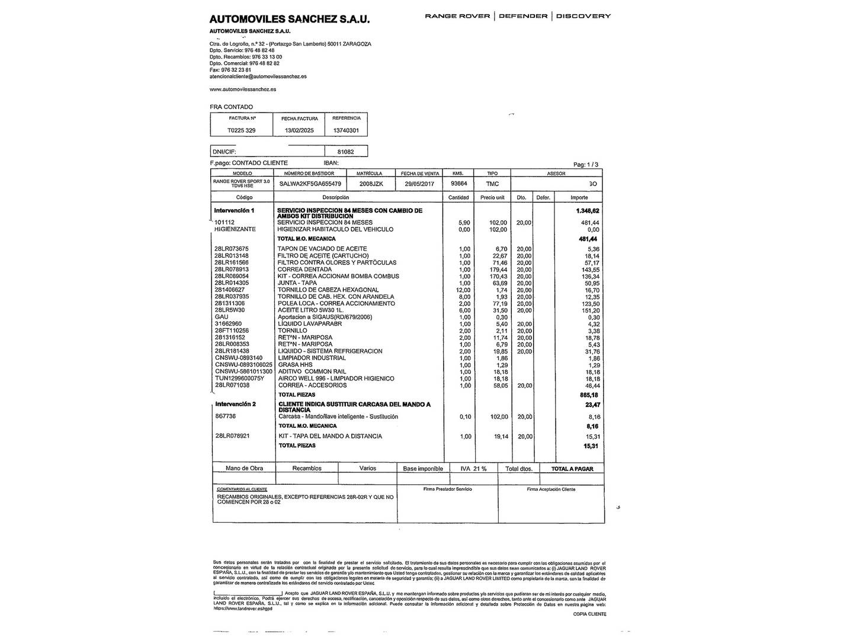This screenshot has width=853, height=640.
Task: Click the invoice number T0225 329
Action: click(242, 130)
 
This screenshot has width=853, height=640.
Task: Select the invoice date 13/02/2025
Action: click(299, 130)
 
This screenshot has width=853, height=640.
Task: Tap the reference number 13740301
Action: click(346, 130)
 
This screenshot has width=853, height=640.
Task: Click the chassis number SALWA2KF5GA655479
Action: click(310, 184)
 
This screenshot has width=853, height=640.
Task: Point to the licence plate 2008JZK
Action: click(371, 184)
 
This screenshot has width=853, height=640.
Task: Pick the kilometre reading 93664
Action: click(458, 184)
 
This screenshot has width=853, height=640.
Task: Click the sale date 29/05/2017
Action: click(419, 184)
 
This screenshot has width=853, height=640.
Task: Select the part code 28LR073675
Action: click(232, 249)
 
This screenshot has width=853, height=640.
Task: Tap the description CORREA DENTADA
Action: click(304, 270)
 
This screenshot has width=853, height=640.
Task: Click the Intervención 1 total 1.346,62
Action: click(587, 211)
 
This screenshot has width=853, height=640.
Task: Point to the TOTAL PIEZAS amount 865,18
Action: click(589, 395)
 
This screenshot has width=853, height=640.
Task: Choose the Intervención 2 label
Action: click(235, 404)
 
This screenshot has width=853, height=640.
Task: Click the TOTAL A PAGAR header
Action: click(572, 469)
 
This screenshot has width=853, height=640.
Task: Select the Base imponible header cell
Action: click(423, 469)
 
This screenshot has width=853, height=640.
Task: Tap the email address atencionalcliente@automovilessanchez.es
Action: click(258, 76)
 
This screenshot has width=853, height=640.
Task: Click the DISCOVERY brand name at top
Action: click(583, 16)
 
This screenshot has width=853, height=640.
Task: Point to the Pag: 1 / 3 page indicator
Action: click(586, 165)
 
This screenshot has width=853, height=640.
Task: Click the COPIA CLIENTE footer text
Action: click(589, 615)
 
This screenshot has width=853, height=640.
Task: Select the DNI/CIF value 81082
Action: click(345, 152)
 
